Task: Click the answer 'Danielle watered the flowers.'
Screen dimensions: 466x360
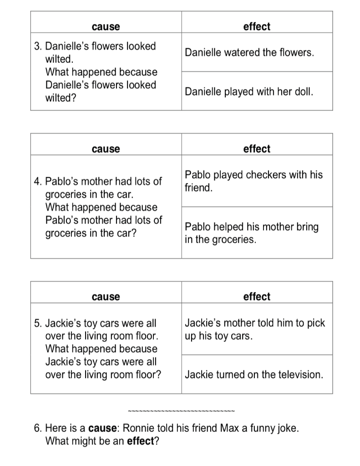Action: click(x=249, y=52)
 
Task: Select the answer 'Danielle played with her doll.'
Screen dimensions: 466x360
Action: click(x=249, y=92)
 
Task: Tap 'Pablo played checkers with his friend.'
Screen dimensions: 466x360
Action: click(x=253, y=181)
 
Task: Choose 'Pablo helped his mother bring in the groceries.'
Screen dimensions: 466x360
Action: click(x=251, y=233)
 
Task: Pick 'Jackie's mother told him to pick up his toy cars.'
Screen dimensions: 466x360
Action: click(x=255, y=329)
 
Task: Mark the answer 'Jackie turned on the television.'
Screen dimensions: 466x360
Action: click(x=254, y=375)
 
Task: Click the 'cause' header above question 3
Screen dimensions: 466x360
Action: click(x=106, y=27)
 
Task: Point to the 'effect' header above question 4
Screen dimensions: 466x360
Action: click(x=257, y=149)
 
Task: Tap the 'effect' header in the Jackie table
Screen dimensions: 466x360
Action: click(x=257, y=297)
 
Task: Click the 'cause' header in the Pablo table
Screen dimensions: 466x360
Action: click(x=106, y=149)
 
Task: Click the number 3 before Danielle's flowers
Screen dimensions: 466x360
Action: click(x=38, y=46)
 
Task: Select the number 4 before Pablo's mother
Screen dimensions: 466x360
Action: click(x=38, y=182)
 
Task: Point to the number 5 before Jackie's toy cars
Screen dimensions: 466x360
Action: click(x=38, y=324)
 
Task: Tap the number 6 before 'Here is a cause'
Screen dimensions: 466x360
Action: click(x=37, y=428)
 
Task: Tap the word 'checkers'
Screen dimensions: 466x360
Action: click(x=265, y=175)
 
